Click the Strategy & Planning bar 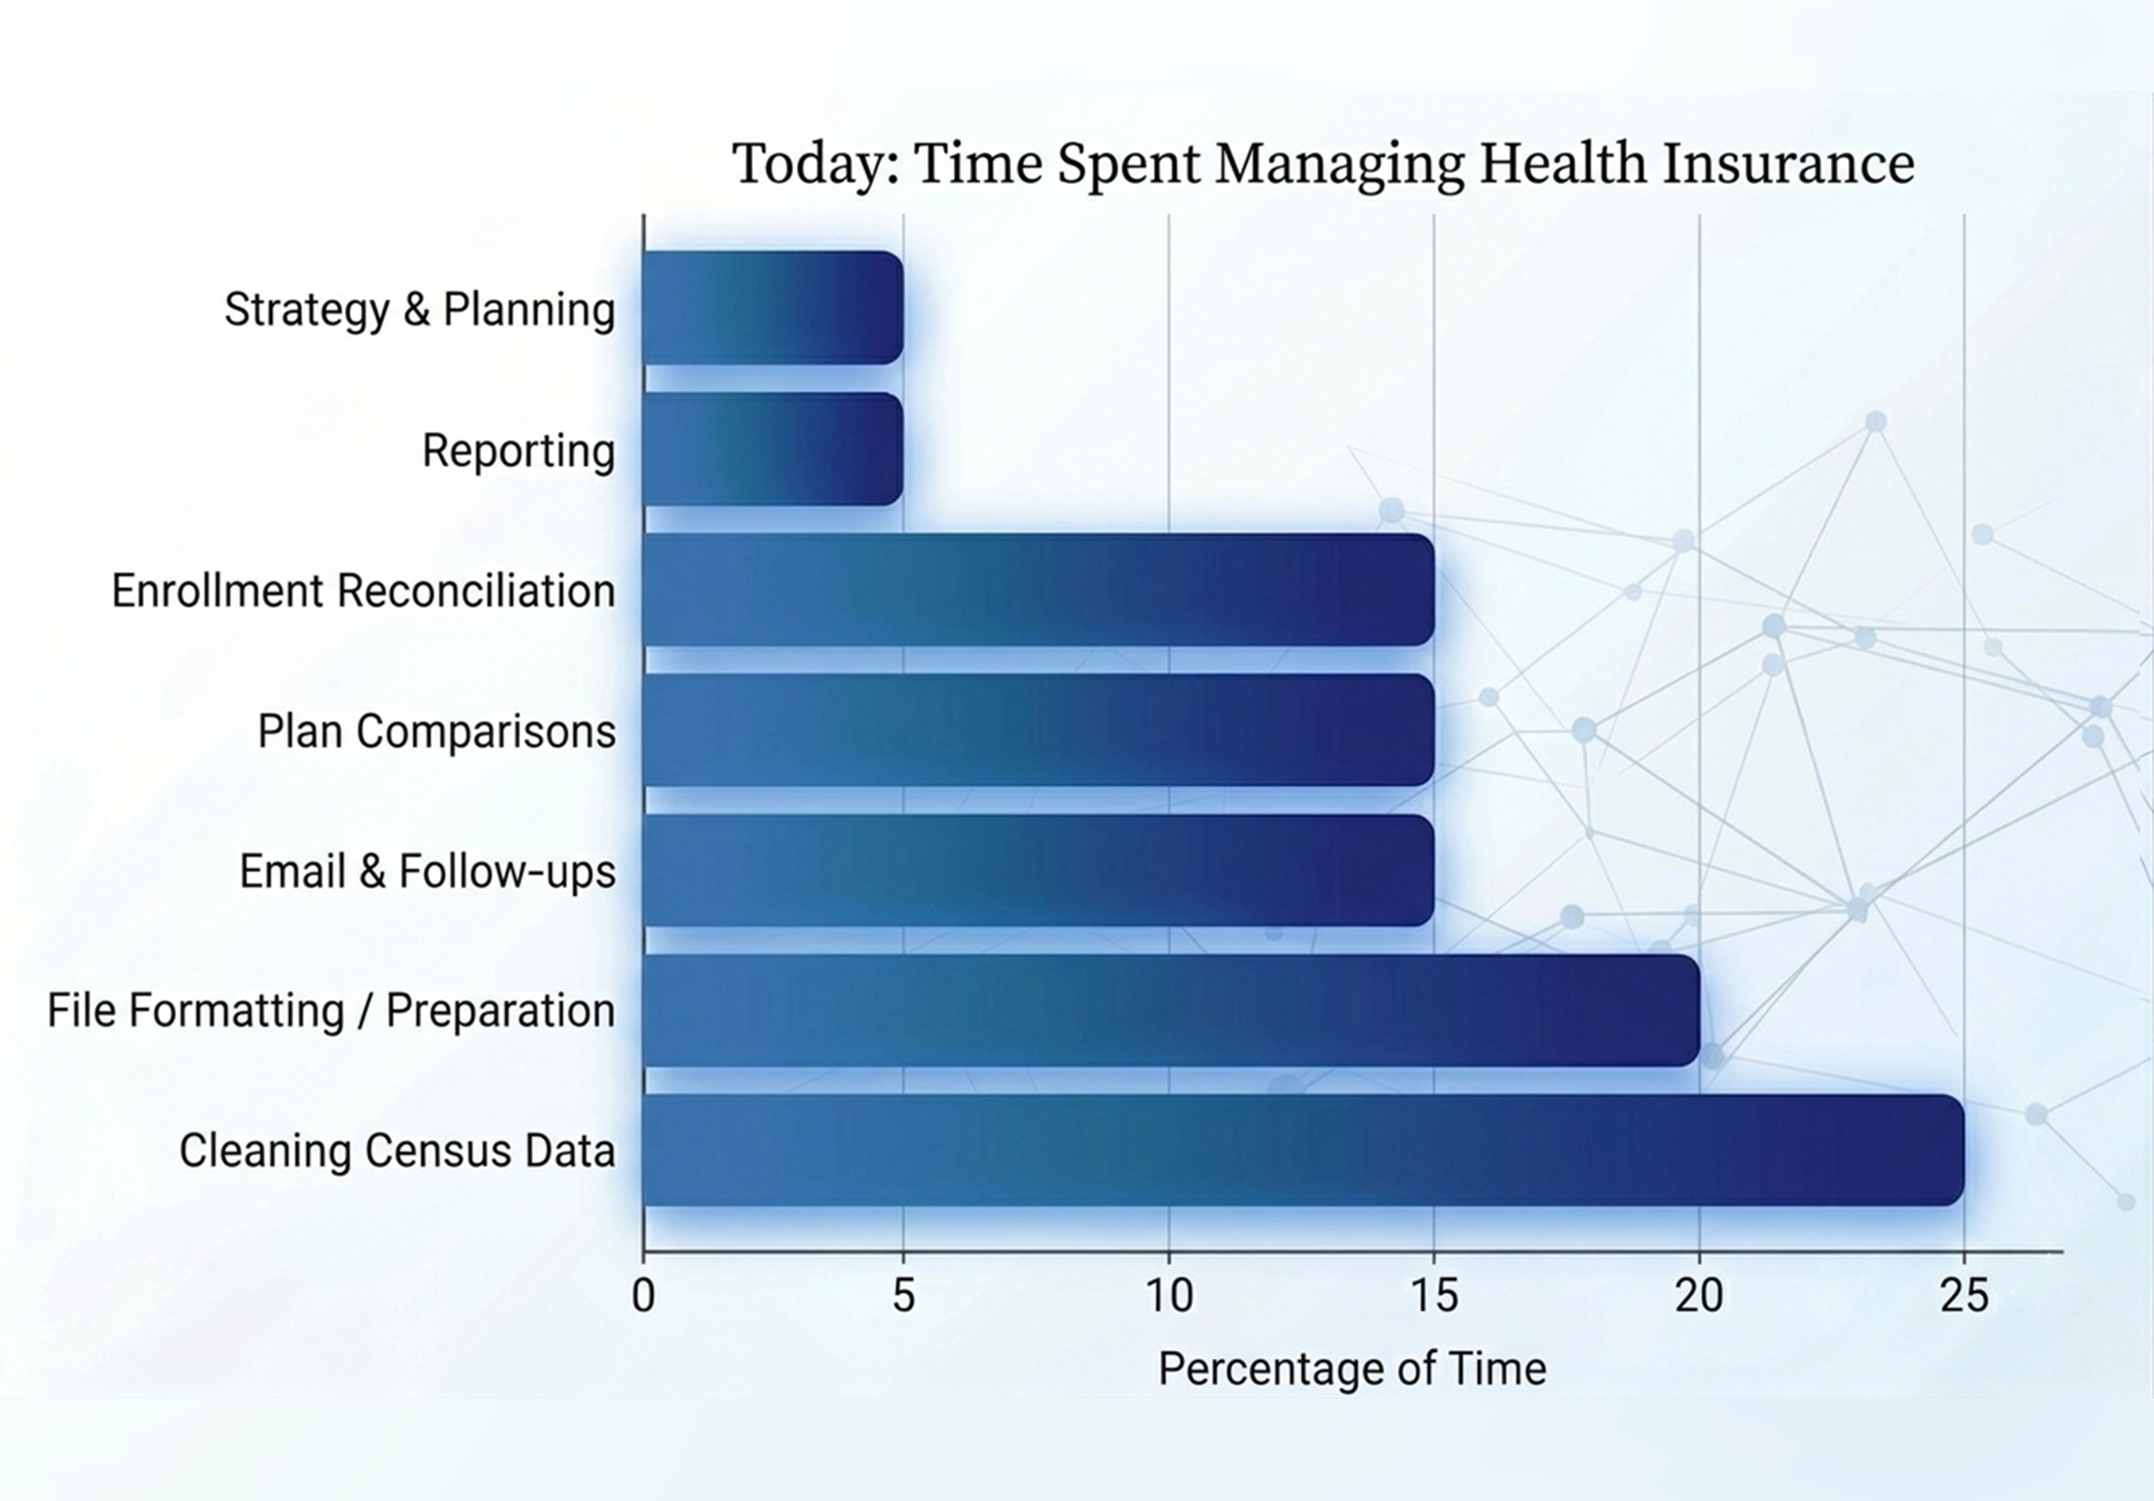coord(773,307)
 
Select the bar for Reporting coord(773,449)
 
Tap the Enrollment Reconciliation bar coord(1039,590)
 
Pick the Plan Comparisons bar coord(1039,730)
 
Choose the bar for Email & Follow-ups coord(1039,870)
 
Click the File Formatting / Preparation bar coord(1171,1010)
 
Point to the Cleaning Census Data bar coord(1304,1150)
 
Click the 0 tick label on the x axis coord(644,1297)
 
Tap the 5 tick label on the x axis coord(903,1297)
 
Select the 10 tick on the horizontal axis coord(1170,1297)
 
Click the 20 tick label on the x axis coord(1700,1297)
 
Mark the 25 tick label coord(1965,1297)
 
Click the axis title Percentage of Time coord(1351,1369)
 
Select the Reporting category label coord(519,450)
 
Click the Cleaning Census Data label coord(397,1151)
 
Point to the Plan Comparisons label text coord(436,731)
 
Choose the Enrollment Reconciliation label coord(363,591)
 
